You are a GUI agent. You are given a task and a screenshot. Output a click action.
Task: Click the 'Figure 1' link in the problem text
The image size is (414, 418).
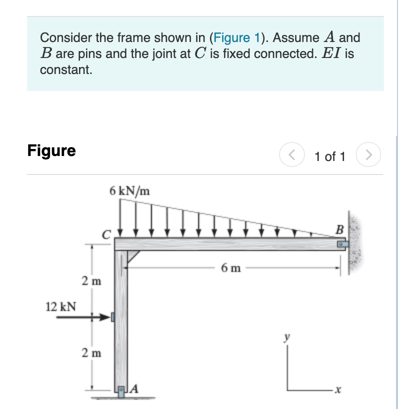click(236, 37)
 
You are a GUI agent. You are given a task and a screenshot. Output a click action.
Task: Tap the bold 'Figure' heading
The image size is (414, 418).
click(51, 150)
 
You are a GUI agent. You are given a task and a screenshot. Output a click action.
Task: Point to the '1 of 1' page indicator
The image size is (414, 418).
click(329, 156)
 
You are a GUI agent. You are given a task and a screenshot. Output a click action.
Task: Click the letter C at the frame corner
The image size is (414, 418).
click(106, 233)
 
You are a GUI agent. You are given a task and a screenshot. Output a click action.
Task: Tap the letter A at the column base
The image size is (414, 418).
click(135, 387)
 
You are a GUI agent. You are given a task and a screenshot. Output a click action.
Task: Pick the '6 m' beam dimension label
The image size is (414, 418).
click(230, 268)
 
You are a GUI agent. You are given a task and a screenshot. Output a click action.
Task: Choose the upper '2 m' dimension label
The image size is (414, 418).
click(92, 281)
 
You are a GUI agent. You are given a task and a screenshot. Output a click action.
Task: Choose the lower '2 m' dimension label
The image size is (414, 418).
click(92, 353)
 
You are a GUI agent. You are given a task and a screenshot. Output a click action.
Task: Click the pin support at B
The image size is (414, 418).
click(340, 244)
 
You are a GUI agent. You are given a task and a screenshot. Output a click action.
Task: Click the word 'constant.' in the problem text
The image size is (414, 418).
click(66, 69)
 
